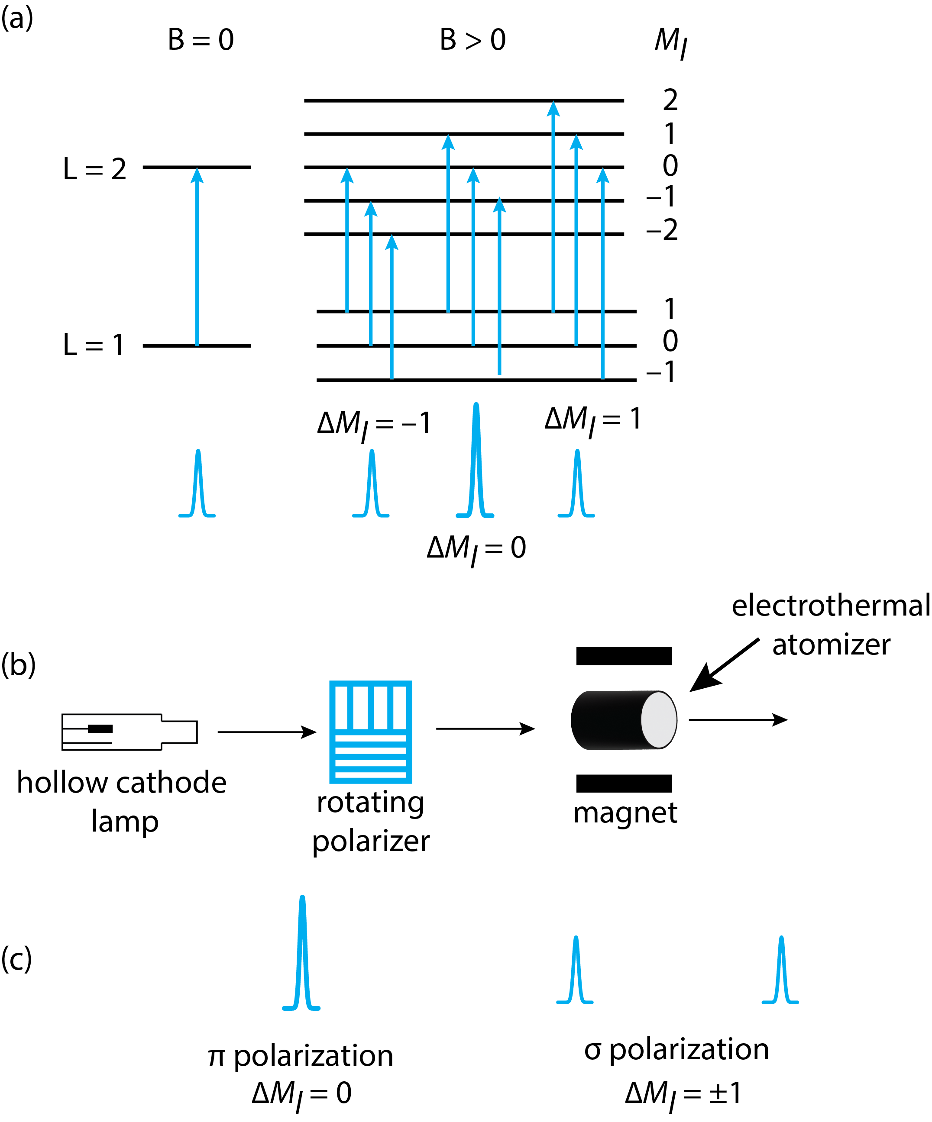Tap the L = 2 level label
tap(94, 169)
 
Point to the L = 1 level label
tap(94, 345)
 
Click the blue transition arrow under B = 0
tap(197, 256)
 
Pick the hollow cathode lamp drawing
tap(129, 732)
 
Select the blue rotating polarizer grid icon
tap(370, 732)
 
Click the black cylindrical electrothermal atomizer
tap(624, 720)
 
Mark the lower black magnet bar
tap(624, 783)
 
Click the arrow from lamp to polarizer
tap(267, 732)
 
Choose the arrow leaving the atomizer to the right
tap(738, 720)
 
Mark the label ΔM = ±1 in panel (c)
tap(683, 1093)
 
